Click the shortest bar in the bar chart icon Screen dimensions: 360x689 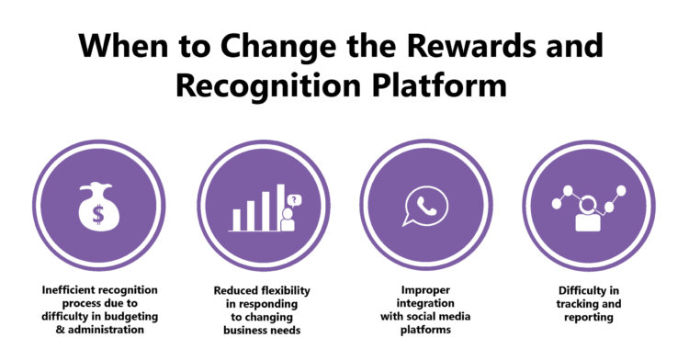click(236, 219)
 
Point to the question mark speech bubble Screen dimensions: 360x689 click(294, 199)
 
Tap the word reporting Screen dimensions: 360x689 click(588, 317)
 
